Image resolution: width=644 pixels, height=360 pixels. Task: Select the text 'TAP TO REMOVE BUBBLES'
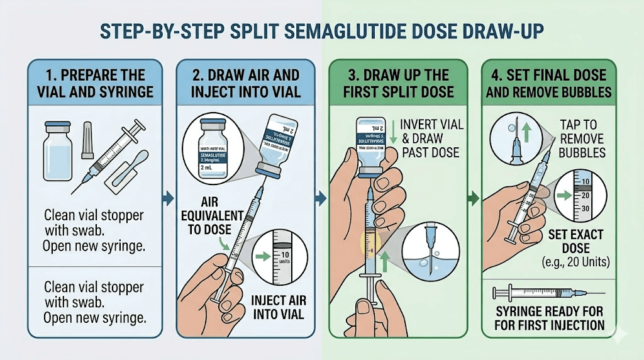(581, 138)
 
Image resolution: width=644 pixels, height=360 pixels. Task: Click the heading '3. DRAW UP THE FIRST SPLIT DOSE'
(397, 83)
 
